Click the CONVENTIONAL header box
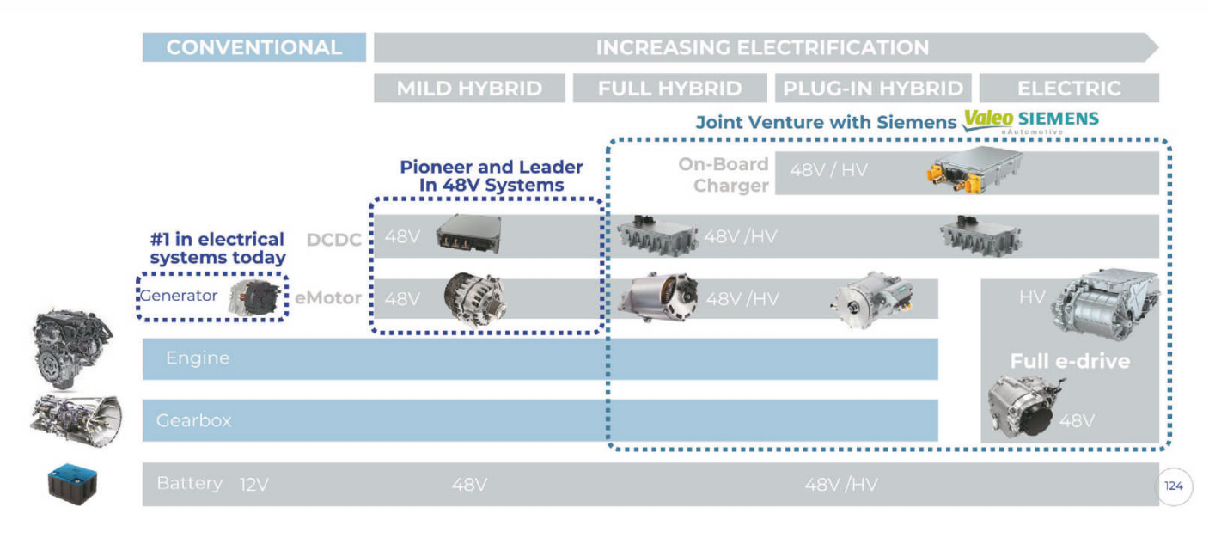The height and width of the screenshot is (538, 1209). [x=253, y=47]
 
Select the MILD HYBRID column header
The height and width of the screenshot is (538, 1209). [x=469, y=89]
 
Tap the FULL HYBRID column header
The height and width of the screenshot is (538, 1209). [x=669, y=89]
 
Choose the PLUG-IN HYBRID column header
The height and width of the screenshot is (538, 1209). [x=873, y=89]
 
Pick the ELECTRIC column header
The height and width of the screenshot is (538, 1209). [x=1069, y=89]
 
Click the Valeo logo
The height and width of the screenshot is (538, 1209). [x=987, y=119]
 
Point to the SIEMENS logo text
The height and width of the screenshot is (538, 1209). [x=1059, y=118]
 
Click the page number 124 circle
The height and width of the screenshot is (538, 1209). [x=1174, y=486]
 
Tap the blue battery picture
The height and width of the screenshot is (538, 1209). [x=71, y=485]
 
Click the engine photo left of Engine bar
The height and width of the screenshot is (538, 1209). [x=72, y=348]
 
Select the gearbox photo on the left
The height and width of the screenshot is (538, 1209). [x=76, y=419]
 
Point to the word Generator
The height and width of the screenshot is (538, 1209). [x=179, y=297]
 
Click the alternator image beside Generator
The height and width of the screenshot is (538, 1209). [x=255, y=297]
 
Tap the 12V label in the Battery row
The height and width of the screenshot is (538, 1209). [x=254, y=485]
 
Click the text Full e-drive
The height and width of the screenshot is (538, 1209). [x=1069, y=361]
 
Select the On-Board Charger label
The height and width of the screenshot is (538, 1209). [x=724, y=175]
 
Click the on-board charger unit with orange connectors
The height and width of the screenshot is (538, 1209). [x=974, y=169]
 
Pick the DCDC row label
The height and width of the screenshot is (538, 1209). [x=333, y=240]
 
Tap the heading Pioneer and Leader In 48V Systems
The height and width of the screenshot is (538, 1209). [x=492, y=176]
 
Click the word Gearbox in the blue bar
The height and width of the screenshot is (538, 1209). [x=193, y=421]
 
